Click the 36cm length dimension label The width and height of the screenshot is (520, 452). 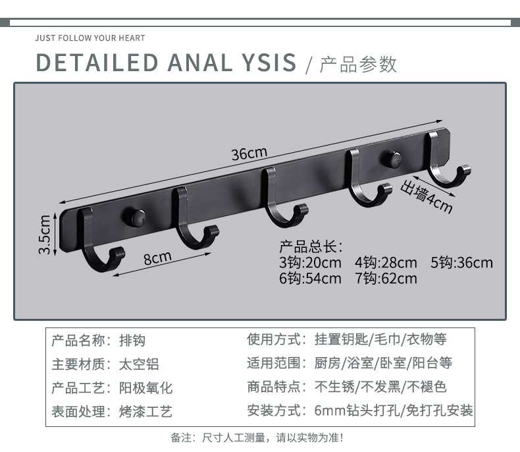pyautogui.click(x=249, y=154)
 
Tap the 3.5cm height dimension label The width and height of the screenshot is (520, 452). pyautogui.click(x=45, y=235)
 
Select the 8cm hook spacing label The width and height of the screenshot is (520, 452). pyautogui.click(x=158, y=257)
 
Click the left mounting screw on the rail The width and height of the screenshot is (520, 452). pyautogui.click(x=136, y=217)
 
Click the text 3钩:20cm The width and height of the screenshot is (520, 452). pyautogui.click(x=310, y=263)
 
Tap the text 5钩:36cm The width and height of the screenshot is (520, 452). pyautogui.click(x=461, y=263)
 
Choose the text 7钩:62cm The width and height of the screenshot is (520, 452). pyautogui.click(x=386, y=278)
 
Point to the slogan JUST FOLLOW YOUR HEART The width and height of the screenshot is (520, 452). pyautogui.click(x=90, y=38)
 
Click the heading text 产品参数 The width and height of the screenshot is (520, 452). pyautogui.click(x=358, y=64)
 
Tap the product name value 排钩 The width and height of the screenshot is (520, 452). pyautogui.click(x=132, y=340)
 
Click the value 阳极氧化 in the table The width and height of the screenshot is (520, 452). pyautogui.click(x=145, y=387)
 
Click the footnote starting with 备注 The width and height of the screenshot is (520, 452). pyautogui.click(x=257, y=437)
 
